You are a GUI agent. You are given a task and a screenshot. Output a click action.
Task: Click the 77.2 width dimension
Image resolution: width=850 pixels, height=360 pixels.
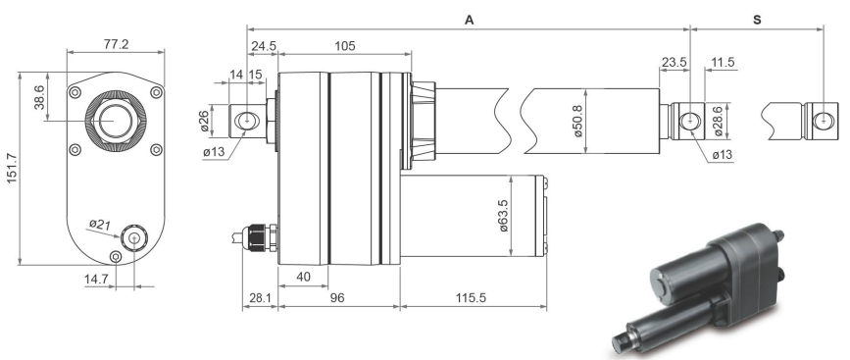116,44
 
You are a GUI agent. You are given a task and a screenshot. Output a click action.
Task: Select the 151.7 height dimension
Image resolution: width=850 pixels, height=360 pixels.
12,168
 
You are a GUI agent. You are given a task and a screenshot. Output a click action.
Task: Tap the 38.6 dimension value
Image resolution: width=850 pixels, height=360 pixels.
39,97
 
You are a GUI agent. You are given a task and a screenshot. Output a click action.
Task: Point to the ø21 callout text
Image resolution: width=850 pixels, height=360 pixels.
100,223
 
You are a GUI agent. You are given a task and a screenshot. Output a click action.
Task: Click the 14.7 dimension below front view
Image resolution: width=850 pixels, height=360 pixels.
96,280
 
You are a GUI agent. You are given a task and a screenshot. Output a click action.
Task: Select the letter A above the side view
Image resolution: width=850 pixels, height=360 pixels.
470,20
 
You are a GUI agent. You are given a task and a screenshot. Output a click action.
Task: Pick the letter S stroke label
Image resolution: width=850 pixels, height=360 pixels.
757,20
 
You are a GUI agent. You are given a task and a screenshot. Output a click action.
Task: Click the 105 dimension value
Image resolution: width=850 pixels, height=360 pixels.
345,46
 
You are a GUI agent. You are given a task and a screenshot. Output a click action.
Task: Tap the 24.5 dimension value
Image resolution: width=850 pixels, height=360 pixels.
263,46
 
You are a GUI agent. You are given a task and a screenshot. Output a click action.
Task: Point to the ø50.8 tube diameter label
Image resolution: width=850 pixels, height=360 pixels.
578,121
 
